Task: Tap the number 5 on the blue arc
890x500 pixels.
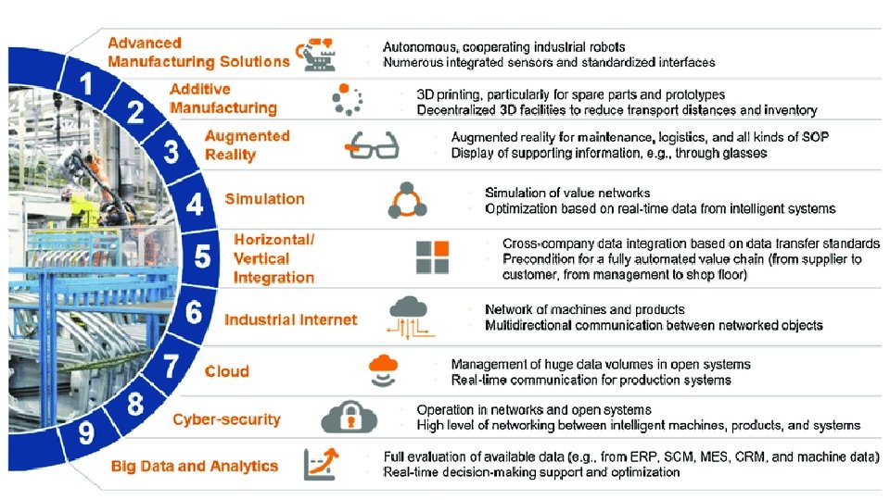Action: (x=202, y=256)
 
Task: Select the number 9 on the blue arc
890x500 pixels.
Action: (x=85, y=432)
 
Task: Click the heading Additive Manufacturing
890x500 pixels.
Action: (x=223, y=98)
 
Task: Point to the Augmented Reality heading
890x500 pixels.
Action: (x=248, y=145)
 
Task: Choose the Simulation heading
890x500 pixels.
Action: (x=264, y=199)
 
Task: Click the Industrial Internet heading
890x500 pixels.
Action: (x=290, y=319)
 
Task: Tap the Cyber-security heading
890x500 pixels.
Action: (x=226, y=419)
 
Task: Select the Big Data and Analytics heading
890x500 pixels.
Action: (x=195, y=466)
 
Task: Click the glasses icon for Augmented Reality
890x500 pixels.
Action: (x=372, y=145)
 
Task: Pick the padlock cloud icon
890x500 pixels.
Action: (x=350, y=417)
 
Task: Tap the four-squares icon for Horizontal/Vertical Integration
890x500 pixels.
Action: (x=432, y=256)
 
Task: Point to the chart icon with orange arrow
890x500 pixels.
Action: (x=320, y=463)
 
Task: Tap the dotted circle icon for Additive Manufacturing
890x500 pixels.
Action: (x=347, y=100)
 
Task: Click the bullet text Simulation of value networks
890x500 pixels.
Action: (x=567, y=193)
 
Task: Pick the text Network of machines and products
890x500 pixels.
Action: (x=585, y=309)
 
